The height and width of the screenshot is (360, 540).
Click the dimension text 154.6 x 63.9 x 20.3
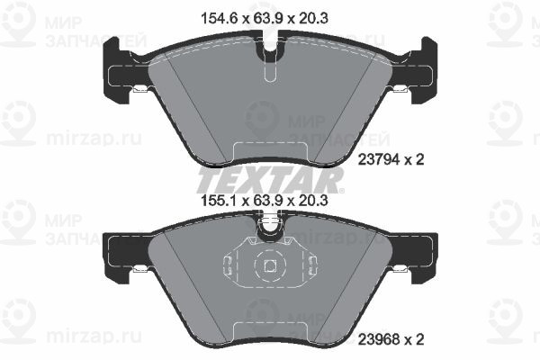tap(264, 18)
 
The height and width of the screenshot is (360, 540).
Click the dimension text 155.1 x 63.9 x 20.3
tap(264, 200)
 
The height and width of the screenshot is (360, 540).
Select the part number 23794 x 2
tap(391, 159)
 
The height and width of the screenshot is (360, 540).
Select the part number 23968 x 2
tap(391, 340)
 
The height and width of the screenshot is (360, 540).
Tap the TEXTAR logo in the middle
tap(270, 180)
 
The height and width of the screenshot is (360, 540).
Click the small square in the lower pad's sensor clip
tap(270, 265)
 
